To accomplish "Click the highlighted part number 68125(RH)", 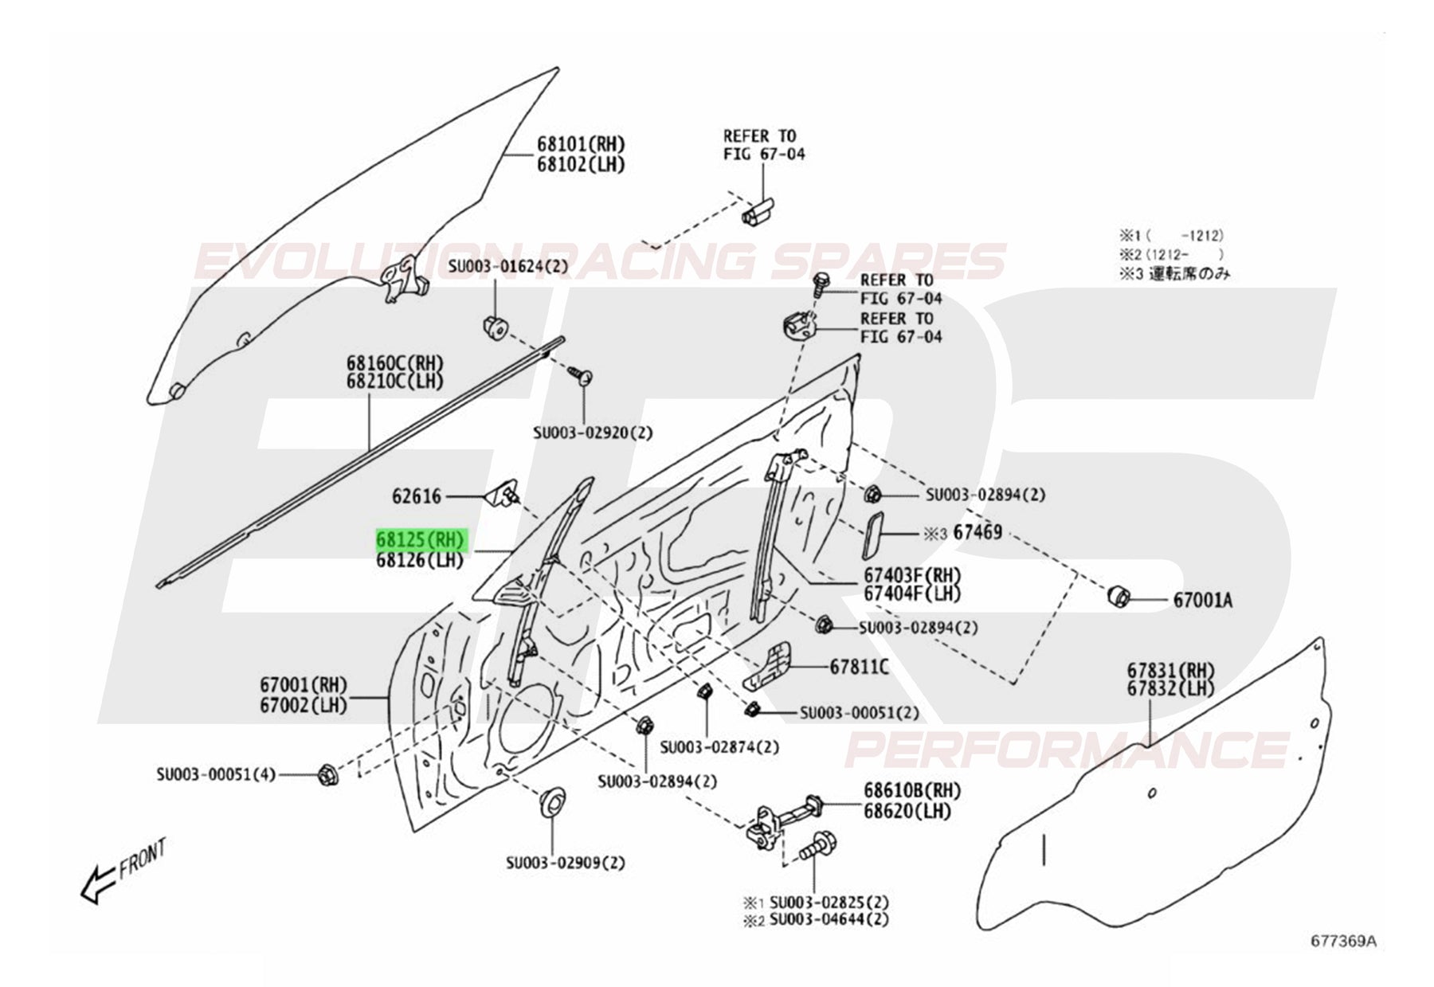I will coord(420,541).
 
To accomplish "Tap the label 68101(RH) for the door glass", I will coord(580,144).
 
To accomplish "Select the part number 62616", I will coord(416,496).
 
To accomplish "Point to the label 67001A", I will coord(1202,601).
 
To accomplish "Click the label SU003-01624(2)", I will coord(508,266).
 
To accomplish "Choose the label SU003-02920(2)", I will coord(592,433).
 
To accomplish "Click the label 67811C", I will coord(859,667).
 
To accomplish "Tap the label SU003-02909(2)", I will coord(566,863).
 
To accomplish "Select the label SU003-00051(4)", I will coord(216,774).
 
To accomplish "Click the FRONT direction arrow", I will coord(100,882).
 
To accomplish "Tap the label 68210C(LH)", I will coord(394,381).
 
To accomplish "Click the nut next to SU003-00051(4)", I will coord(327,773).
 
